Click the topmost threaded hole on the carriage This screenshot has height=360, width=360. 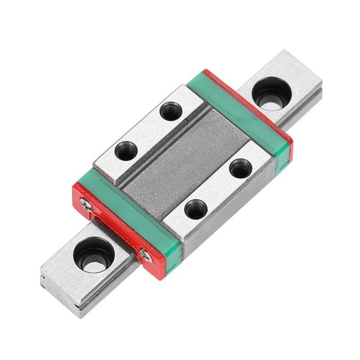click(170, 111)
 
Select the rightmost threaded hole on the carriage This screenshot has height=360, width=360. click(240, 168)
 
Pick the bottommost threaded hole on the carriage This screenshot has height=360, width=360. click(196, 210)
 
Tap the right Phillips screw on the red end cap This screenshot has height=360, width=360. click(146, 256)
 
